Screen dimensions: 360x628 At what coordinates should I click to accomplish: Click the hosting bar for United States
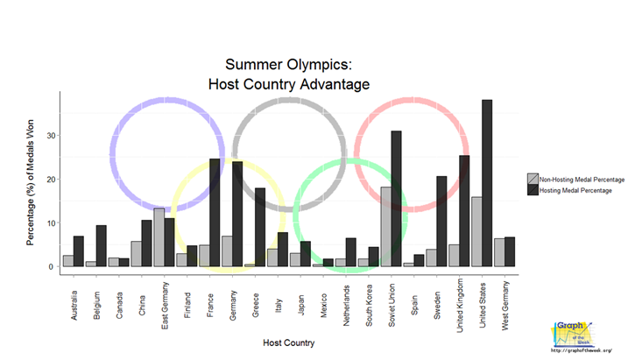488,183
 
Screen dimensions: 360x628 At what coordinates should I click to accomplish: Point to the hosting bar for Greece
260,227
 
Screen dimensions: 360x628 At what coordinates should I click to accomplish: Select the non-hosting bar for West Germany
499,252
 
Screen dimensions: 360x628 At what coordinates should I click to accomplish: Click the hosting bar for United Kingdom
465,210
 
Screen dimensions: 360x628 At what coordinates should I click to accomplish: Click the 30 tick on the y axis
52,136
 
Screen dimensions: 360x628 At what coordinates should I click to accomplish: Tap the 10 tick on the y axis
52,222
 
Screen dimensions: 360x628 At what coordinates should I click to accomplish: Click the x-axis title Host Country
290,342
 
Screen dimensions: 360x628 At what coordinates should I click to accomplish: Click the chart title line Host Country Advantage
289,84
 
